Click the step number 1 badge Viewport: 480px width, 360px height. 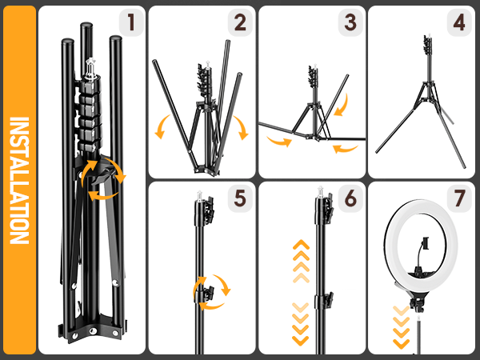click(131, 22)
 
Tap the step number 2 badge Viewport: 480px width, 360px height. click(239, 22)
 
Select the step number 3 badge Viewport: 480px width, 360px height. click(349, 22)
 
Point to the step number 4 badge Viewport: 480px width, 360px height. click(458, 22)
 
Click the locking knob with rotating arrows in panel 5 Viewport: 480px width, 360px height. click(210, 291)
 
